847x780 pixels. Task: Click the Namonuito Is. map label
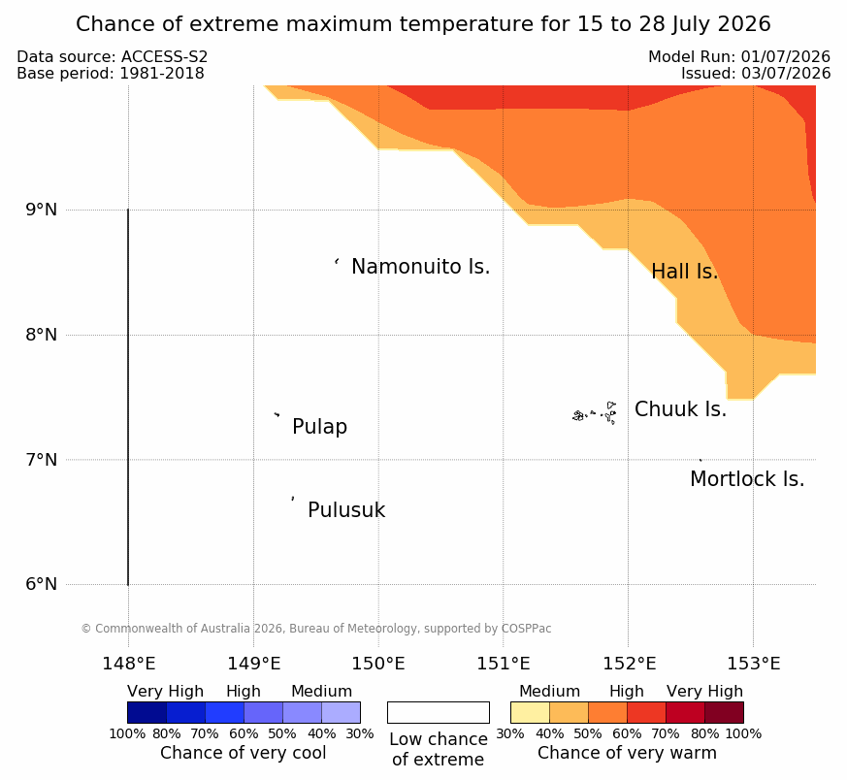[x=421, y=267]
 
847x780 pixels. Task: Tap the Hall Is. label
[x=685, y=272]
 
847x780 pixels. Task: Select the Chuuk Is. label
[x=681, y=409]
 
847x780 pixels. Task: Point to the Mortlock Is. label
[x=748, y=479]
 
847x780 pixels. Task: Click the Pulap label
[x=320, y=427]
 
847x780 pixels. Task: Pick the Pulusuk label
[x=346, y=510]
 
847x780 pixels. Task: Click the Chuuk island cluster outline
[x=595, y=413]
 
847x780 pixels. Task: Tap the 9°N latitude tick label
[x=42, y=210]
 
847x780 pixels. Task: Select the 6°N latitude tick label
[x=42, y=584]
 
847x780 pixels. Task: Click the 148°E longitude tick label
[x=129, y=664]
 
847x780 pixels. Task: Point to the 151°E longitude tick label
[x=504, y=664]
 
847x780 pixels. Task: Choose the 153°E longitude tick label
[x=754, y=664]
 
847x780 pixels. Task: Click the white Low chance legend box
[x=439, y=712]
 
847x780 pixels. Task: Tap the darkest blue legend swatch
[x=147, y=712]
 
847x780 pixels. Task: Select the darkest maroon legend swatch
[x=725, y=712]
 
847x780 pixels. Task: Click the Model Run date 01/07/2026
[x=786, y=56]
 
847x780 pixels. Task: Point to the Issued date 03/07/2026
[x=786, y=74]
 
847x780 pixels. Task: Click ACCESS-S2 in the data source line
[x=164, y=56]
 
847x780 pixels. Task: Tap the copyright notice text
[x=316, y=629]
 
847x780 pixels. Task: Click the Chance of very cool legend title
[x=244, y=753]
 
